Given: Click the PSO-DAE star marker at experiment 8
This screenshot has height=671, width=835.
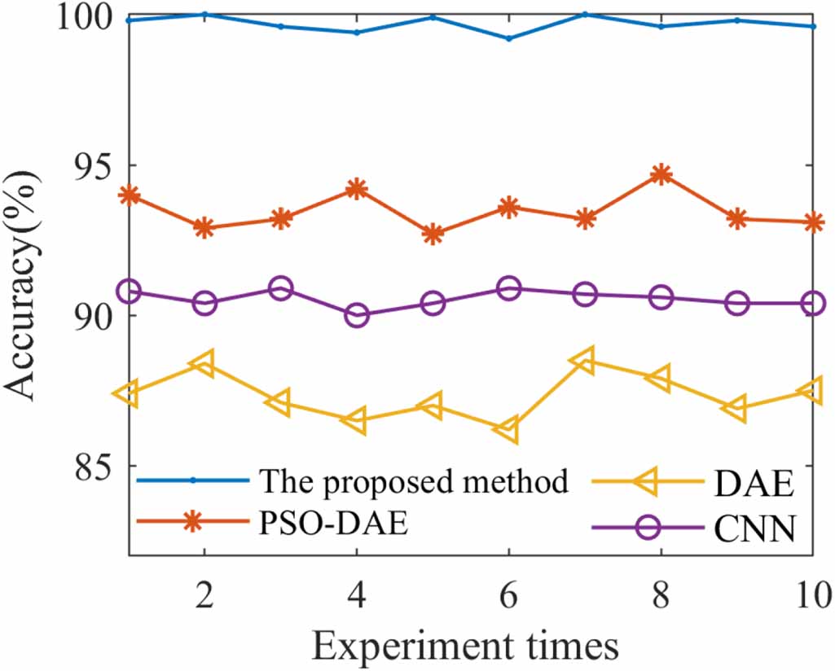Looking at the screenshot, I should pyautogui.click(x=661, y=173).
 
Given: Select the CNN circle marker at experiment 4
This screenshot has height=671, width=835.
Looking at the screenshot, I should pyautogui.click(x=356, y=315).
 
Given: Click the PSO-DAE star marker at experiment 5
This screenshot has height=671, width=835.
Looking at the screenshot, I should pyautogui.click(x=433, y=234).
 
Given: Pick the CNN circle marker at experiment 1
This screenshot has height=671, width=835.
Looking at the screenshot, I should pyautogui.click(x=129, y=292).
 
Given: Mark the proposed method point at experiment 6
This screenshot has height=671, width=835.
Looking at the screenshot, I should pyautogui.click(x=508, y=38).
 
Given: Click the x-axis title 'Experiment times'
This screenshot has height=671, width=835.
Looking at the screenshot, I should pyautogui.click(x=465, y=646).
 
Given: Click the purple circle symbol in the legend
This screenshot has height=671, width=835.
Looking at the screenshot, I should pyautogui.click(x=648, y=528).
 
